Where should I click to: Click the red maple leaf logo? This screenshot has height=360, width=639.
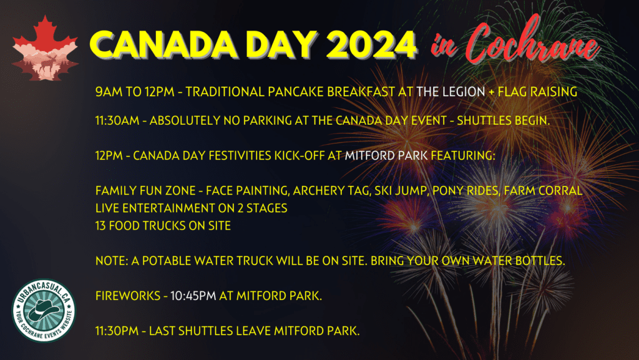coord(45,48)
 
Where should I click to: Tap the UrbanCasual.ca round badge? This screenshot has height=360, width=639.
coord(44,310)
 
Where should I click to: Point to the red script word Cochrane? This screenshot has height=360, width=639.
coord(532,40)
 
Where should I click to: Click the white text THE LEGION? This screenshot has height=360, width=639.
coord(451,92)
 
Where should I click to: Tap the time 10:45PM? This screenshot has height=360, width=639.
coord(193,296)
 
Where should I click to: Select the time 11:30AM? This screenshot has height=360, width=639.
coord(117,120)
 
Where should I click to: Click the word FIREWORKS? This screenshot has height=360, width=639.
coord(128,296)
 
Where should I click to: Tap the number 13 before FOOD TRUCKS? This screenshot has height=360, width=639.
coord(100,226)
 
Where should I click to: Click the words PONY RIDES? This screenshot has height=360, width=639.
coord(466,190)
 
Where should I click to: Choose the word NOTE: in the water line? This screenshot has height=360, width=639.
coord(112,261)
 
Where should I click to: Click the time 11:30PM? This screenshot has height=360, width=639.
coord(117,331)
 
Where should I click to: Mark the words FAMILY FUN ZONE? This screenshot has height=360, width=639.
coord(145,190)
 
